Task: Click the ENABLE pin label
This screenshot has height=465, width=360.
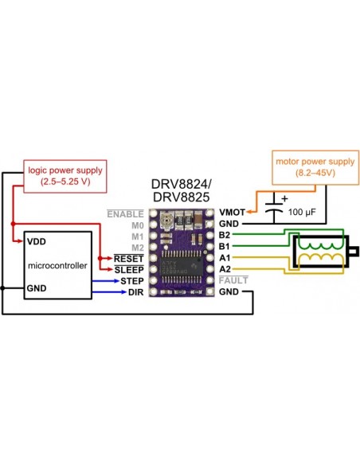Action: click(125, 214)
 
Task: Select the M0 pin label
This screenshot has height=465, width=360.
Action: click(136, 225)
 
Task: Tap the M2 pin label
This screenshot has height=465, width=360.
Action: click(136, 248)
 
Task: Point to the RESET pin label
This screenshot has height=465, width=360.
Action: click(129, 259)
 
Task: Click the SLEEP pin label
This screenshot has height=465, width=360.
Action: click(129, 270)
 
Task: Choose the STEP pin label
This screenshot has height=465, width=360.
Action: click(131, 281)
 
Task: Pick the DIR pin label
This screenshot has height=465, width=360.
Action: click(135, 292)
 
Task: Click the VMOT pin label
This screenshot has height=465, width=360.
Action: click(232, 213)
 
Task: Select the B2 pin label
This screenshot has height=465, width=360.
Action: click(224, 236)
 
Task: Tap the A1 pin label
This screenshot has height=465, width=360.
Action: click(224, 258)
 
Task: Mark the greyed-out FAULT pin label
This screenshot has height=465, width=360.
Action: click(232, 280)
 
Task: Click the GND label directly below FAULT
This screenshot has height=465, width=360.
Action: click(229, 292)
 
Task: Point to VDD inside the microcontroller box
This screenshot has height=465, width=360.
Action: click(36, 240)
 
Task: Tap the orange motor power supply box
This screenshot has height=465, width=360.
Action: click(305, 165)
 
